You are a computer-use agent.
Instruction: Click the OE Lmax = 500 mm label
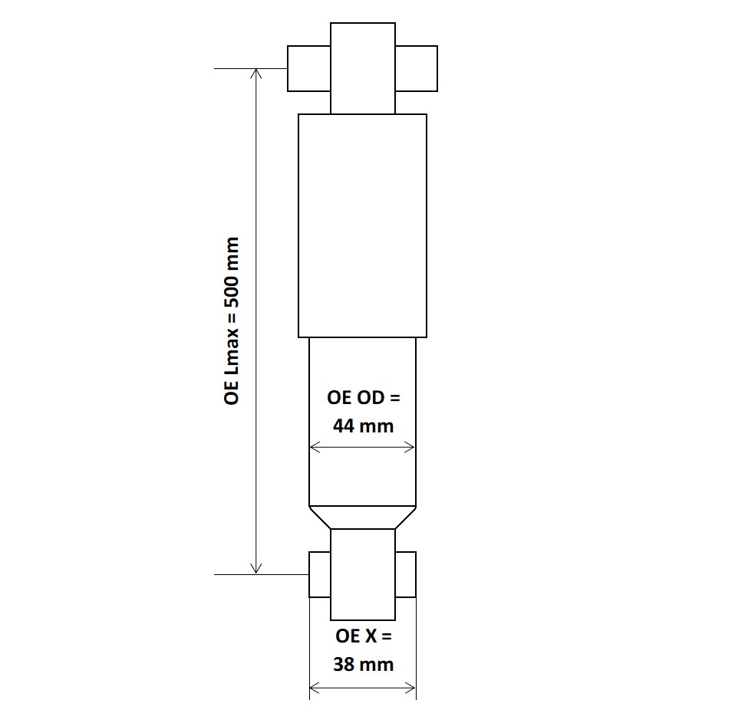[232, 320]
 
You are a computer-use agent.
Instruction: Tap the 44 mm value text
[363, 426]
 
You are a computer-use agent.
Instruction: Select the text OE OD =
[363, 398]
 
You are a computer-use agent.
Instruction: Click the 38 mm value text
[363, 664]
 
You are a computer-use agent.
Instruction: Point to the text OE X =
[363, 636]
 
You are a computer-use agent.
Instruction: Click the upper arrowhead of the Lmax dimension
[257, 74]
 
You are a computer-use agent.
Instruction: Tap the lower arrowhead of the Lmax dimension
[257, 568]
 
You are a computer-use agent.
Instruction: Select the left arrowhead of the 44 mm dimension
[314, 448]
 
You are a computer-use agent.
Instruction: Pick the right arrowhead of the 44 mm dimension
[410, 448]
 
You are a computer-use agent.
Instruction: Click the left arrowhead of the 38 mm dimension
[314, 688]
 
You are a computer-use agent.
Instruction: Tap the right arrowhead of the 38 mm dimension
[410, 688]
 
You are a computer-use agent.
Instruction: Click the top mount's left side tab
[308, 68]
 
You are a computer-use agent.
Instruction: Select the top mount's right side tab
[417, 68]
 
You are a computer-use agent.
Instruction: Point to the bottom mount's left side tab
[319, 574]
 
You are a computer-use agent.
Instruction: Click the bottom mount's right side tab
[406, 574]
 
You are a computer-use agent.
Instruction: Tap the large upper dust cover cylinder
[362, 225]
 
